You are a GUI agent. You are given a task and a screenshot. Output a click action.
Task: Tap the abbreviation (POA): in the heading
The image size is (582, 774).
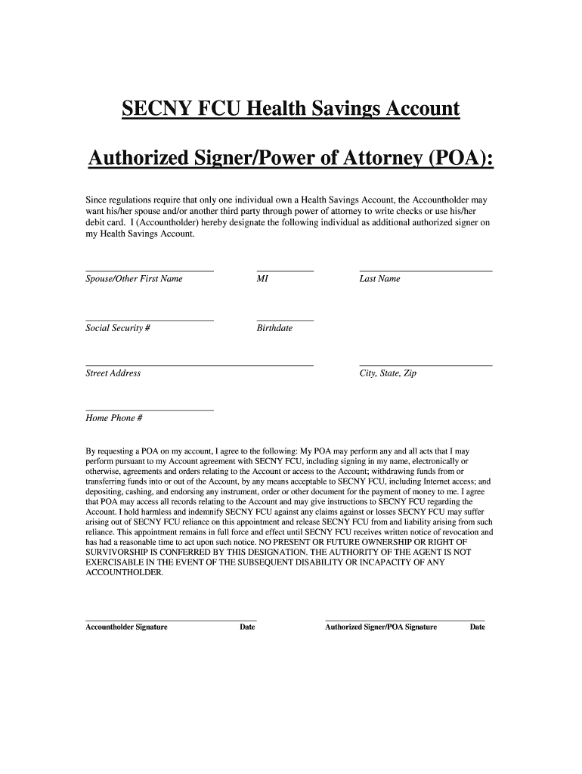point(452,159)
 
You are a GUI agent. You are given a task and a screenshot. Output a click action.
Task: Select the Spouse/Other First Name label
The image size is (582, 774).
point(134,279)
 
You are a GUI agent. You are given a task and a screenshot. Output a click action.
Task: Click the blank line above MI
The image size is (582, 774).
point(285,270)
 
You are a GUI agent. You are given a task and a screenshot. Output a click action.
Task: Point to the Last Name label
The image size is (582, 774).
point(379,279)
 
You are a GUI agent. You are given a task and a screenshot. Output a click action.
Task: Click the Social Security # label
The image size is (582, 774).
point(118,328)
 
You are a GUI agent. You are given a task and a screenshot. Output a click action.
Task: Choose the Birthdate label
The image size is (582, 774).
point(274,328)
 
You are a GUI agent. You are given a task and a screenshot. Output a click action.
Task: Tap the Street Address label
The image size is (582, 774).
point(113,373)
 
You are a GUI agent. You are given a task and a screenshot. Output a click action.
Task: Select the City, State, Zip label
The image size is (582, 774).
point(388,373)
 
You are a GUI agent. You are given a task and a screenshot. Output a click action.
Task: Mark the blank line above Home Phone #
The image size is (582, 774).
point(150,410)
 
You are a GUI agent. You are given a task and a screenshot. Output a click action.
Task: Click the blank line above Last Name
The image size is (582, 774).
point(426,270)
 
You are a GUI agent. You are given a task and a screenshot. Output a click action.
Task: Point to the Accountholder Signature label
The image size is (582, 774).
point(126,627)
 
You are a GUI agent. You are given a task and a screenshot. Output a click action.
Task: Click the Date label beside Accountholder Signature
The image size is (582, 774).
point(247,627)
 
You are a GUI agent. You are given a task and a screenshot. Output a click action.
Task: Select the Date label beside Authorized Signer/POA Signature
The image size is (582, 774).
point(477,627)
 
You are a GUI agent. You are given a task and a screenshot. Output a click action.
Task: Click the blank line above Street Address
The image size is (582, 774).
point(200,365)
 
